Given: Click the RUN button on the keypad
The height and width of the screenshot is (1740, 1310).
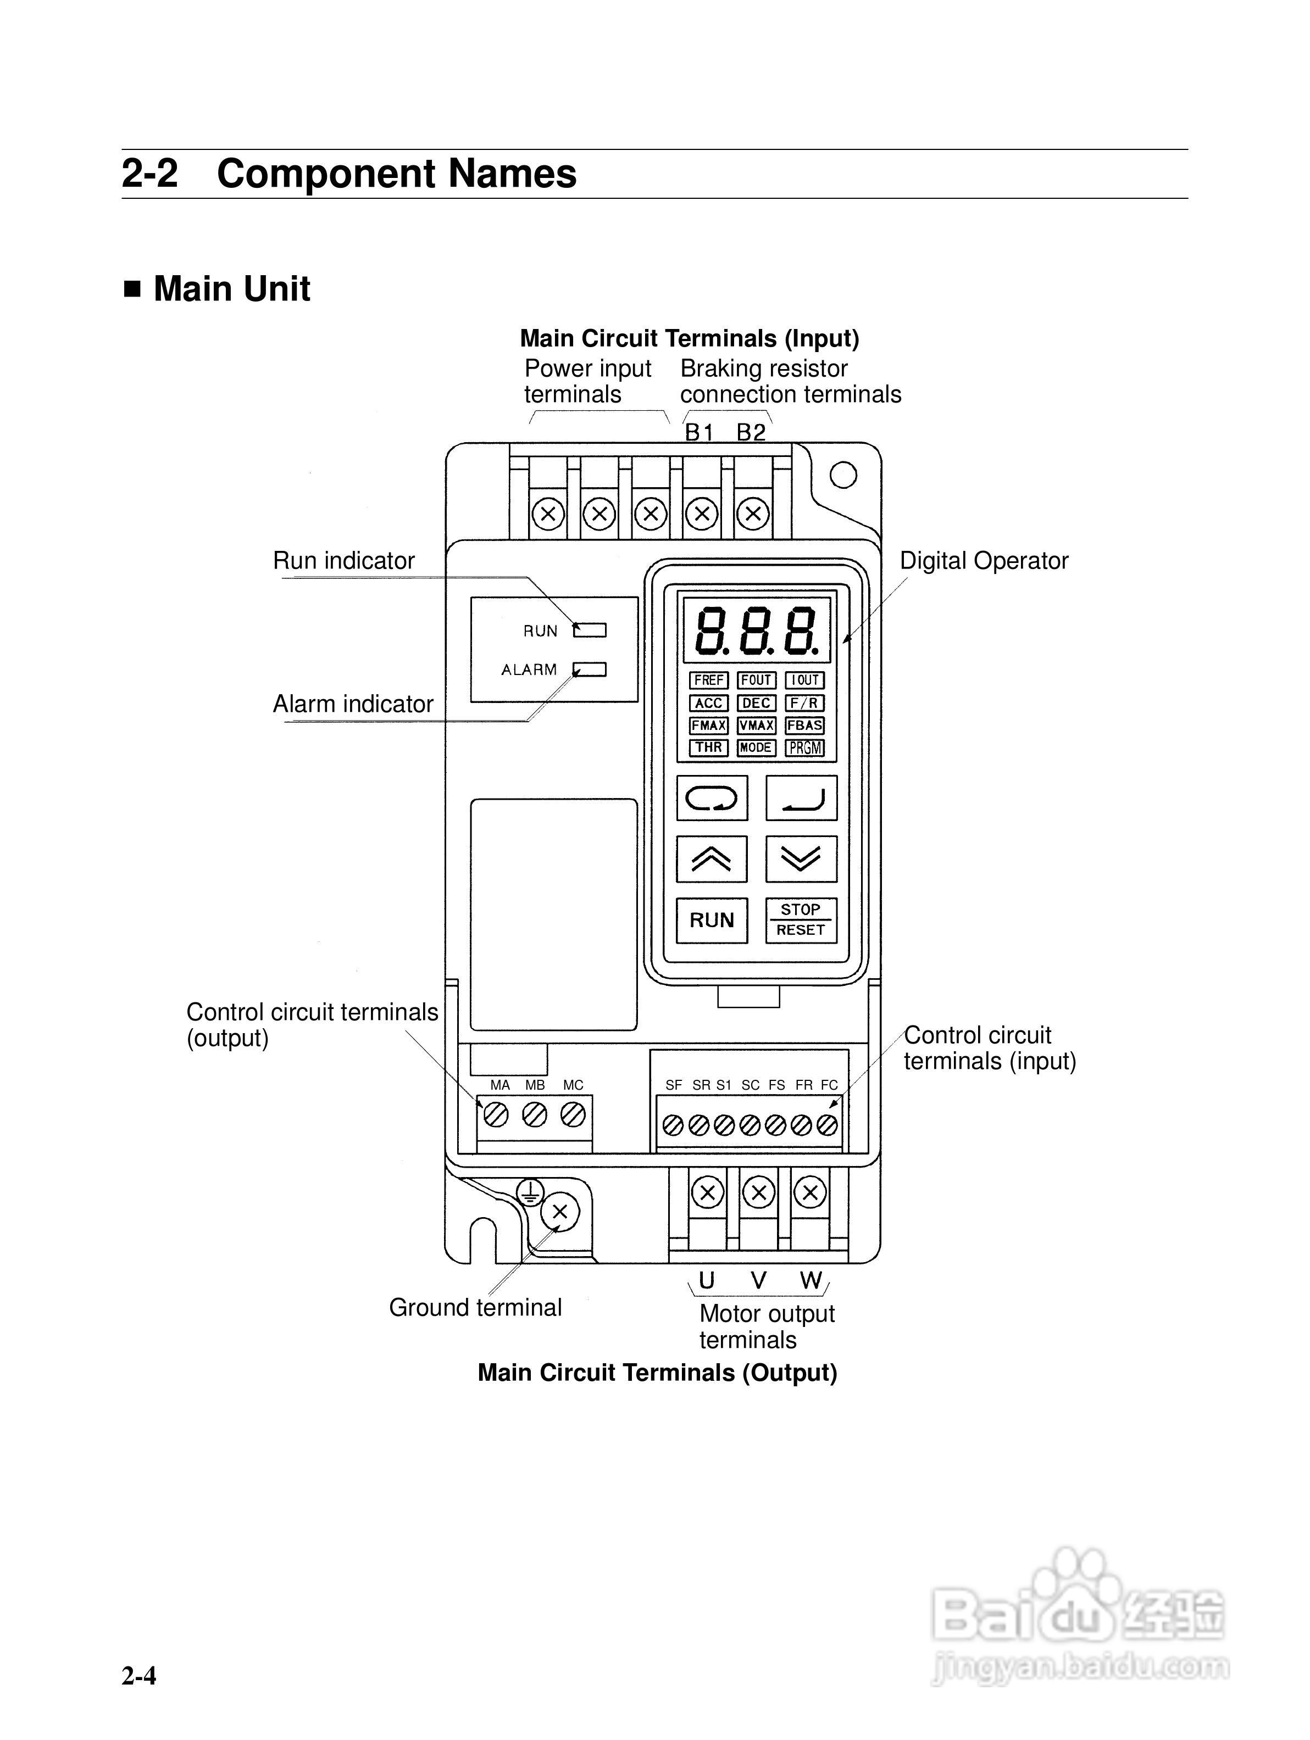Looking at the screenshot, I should point(711,919).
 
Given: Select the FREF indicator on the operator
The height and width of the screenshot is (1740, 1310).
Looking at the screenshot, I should point(709,679).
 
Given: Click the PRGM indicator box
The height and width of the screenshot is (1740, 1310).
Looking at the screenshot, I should point(804,748).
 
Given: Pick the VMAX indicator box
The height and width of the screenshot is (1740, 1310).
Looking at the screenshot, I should point(756,725).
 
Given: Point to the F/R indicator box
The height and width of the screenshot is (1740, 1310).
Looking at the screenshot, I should point(804,702).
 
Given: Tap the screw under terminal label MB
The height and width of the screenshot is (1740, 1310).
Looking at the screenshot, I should point(535,1114).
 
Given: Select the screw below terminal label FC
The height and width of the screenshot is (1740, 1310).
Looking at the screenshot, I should point(827,1125).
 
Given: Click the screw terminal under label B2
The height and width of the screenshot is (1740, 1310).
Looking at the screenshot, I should point(753,515).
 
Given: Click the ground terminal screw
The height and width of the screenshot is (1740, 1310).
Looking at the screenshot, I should point(559,1212).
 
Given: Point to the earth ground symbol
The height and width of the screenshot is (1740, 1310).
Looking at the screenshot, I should point(531,1192).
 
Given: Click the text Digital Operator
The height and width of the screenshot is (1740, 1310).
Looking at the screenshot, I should point(984,561).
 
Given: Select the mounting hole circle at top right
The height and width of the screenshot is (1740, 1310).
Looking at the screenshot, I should point(842,475).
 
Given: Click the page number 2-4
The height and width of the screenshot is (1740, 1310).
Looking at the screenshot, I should point(138,1676).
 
